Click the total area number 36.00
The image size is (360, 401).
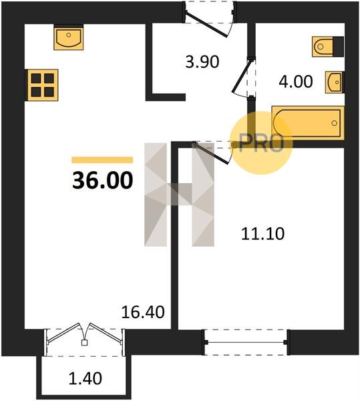click(103, 180)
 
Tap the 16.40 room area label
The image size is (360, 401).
click(143, 313)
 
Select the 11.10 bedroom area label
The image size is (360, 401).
click(262, 234)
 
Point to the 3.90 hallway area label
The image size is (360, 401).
click(202, 62)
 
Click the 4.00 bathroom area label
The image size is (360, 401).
click(296, 82)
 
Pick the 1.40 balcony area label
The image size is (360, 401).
click(85, 379)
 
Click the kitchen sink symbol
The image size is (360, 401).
click(69, 37)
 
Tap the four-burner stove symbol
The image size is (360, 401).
click(43, 85)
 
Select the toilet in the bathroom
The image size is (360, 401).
click(328, 47)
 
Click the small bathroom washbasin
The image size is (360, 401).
click(334, 82)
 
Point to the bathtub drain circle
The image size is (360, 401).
click(334, 123)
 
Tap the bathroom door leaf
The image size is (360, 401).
click(242, 76)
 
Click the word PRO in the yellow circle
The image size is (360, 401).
click(261, 143)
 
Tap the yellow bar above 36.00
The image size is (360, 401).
click(102, 160)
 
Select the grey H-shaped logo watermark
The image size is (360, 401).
click(179, 194)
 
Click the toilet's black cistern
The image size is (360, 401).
click(339, 47)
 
